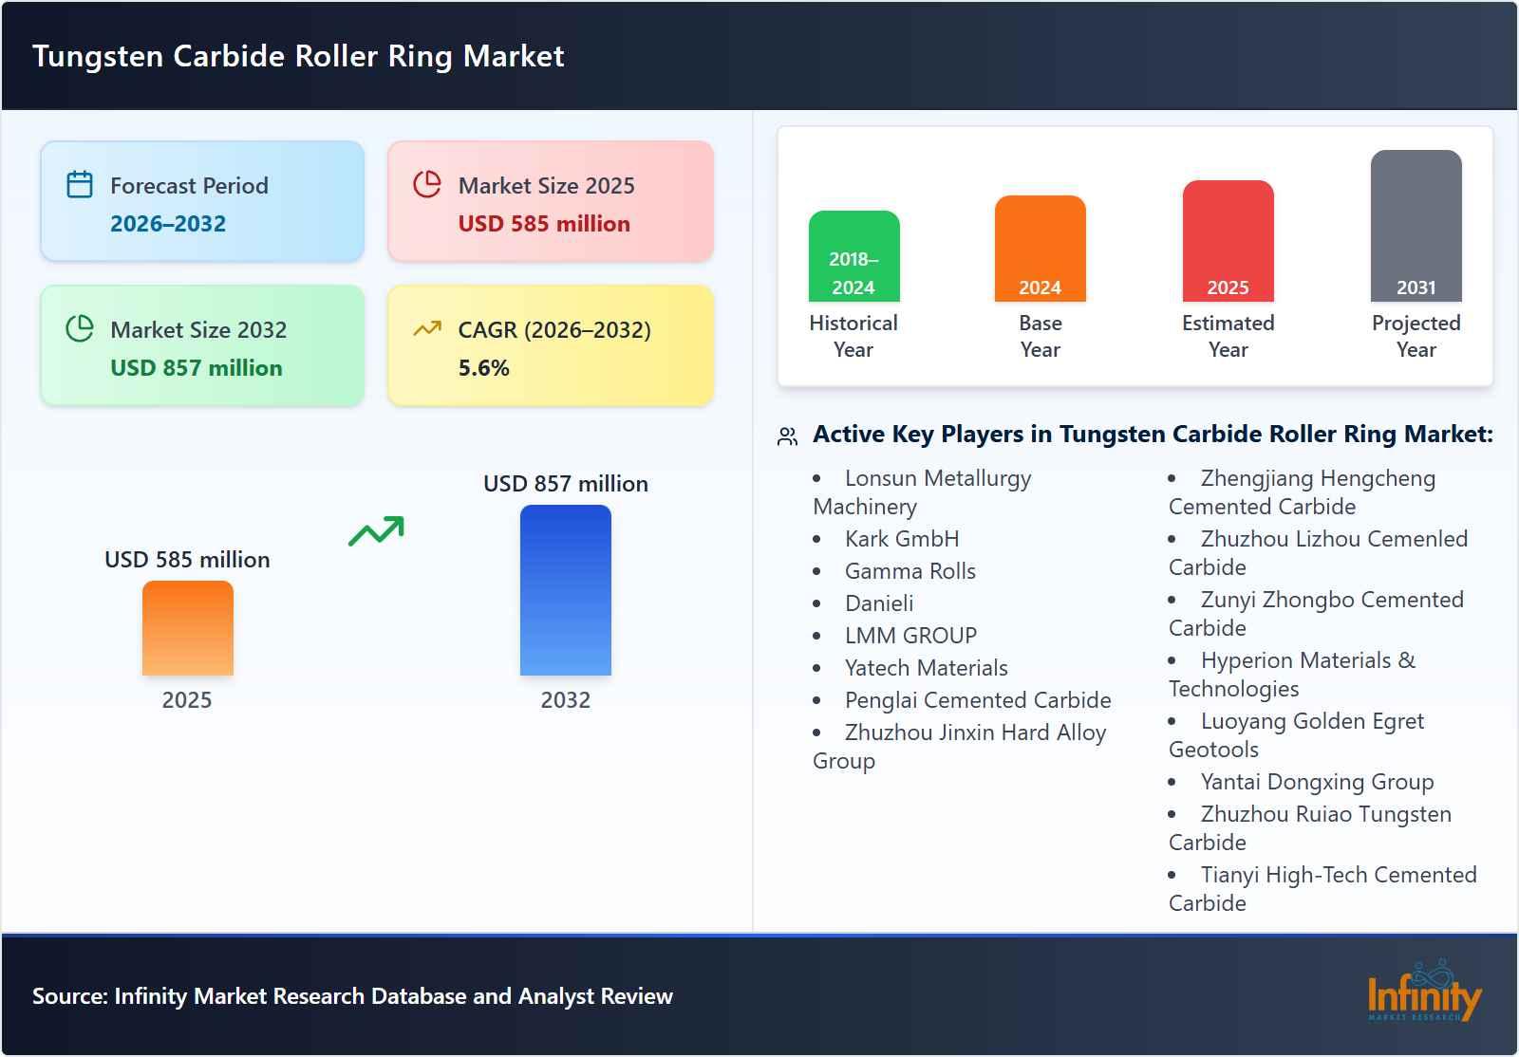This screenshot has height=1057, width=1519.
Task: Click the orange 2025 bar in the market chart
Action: (x=187, y=628)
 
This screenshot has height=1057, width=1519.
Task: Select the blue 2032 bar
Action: (x=565, y=590)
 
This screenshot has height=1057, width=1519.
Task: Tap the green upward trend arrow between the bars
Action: (x=376, y=531)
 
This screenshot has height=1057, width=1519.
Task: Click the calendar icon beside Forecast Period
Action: (x=80, y=184)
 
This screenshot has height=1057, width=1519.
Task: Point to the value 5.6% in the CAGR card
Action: (x=483, y=368)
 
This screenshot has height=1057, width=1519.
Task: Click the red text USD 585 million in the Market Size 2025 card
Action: (x=543, y=224)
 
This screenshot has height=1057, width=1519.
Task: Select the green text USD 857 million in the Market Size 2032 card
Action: (x=196, y=368)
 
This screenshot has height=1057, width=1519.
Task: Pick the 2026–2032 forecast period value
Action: (x=168, y=224)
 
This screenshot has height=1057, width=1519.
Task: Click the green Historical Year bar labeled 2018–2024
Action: (x=853, y=256)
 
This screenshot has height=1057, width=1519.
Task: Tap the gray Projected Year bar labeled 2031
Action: (x=1416, y=226)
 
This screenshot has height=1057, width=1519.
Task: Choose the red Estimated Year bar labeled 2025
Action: (x=1228, y=241)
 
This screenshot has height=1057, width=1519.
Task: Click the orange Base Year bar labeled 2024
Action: (x=1040, y=249)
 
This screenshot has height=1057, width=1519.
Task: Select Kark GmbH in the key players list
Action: (x=901, y=539)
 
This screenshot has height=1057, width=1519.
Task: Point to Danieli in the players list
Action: (x=878, y=603)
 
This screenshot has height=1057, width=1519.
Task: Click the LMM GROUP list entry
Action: (x=910, y=636)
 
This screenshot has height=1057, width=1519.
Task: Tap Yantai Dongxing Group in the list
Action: (x=1316, y=782)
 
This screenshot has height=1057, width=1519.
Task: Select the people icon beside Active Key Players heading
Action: (x=787, y=436)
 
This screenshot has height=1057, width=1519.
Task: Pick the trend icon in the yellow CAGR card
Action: (x=427, y=329)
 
